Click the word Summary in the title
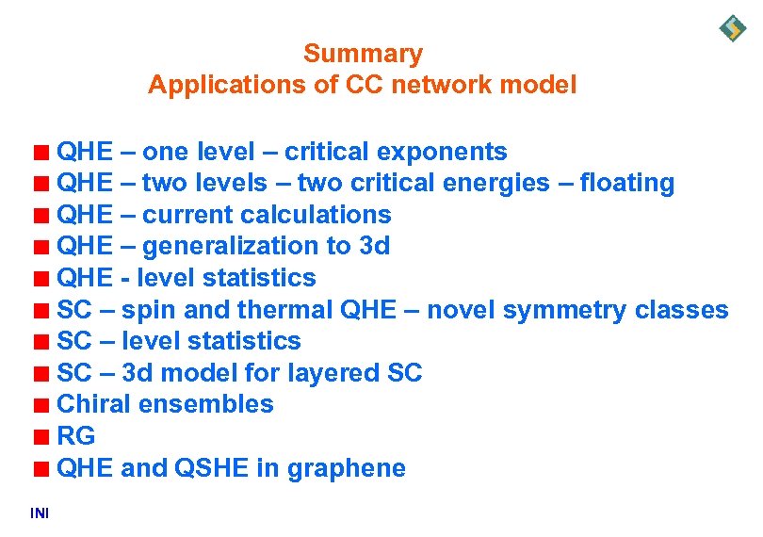363,54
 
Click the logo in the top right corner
732,28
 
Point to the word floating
627,183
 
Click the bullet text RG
76,436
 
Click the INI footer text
40,513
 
